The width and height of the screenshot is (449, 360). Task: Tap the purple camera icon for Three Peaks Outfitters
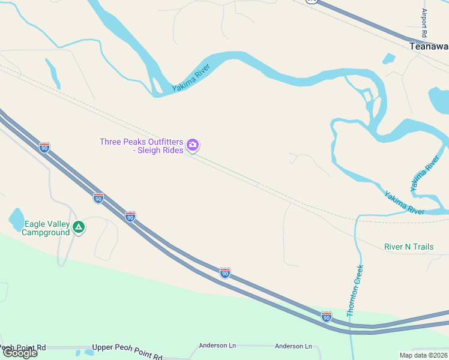[193, 145]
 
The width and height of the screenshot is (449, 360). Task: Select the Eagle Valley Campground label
[46, 227]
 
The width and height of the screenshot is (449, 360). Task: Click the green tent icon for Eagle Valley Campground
[79, 227]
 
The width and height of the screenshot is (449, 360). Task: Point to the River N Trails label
[409, 247]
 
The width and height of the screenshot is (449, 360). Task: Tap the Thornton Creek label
[355, 290]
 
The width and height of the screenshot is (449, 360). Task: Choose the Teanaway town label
[429, 46]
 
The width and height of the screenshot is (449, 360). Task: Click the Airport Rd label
[424, 23]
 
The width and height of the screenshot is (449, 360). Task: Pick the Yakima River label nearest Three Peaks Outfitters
[191, 78]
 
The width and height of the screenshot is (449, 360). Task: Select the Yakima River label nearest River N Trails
[404, 203]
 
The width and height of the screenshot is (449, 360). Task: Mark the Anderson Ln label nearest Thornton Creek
[293, 346]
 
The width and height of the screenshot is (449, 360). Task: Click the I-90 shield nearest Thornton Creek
[326, 316]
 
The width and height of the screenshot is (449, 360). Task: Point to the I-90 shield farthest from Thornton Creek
[44, 146]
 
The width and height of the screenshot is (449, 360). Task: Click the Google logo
[20, 352]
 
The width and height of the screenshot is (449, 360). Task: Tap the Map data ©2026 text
[423, 355]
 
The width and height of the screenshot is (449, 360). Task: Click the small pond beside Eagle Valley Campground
[17, 219]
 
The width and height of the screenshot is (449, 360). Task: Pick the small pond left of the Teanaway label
[389, 58]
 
